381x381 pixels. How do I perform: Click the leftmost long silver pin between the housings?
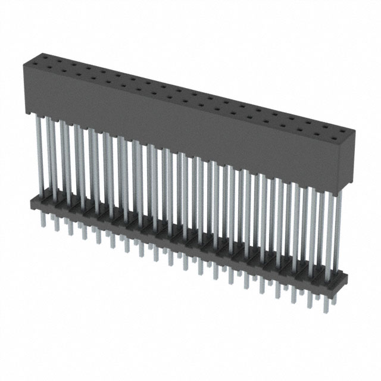point(40,155)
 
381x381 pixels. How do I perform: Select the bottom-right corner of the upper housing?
point(339,190)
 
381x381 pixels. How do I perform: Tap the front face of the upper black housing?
point(179,125)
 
